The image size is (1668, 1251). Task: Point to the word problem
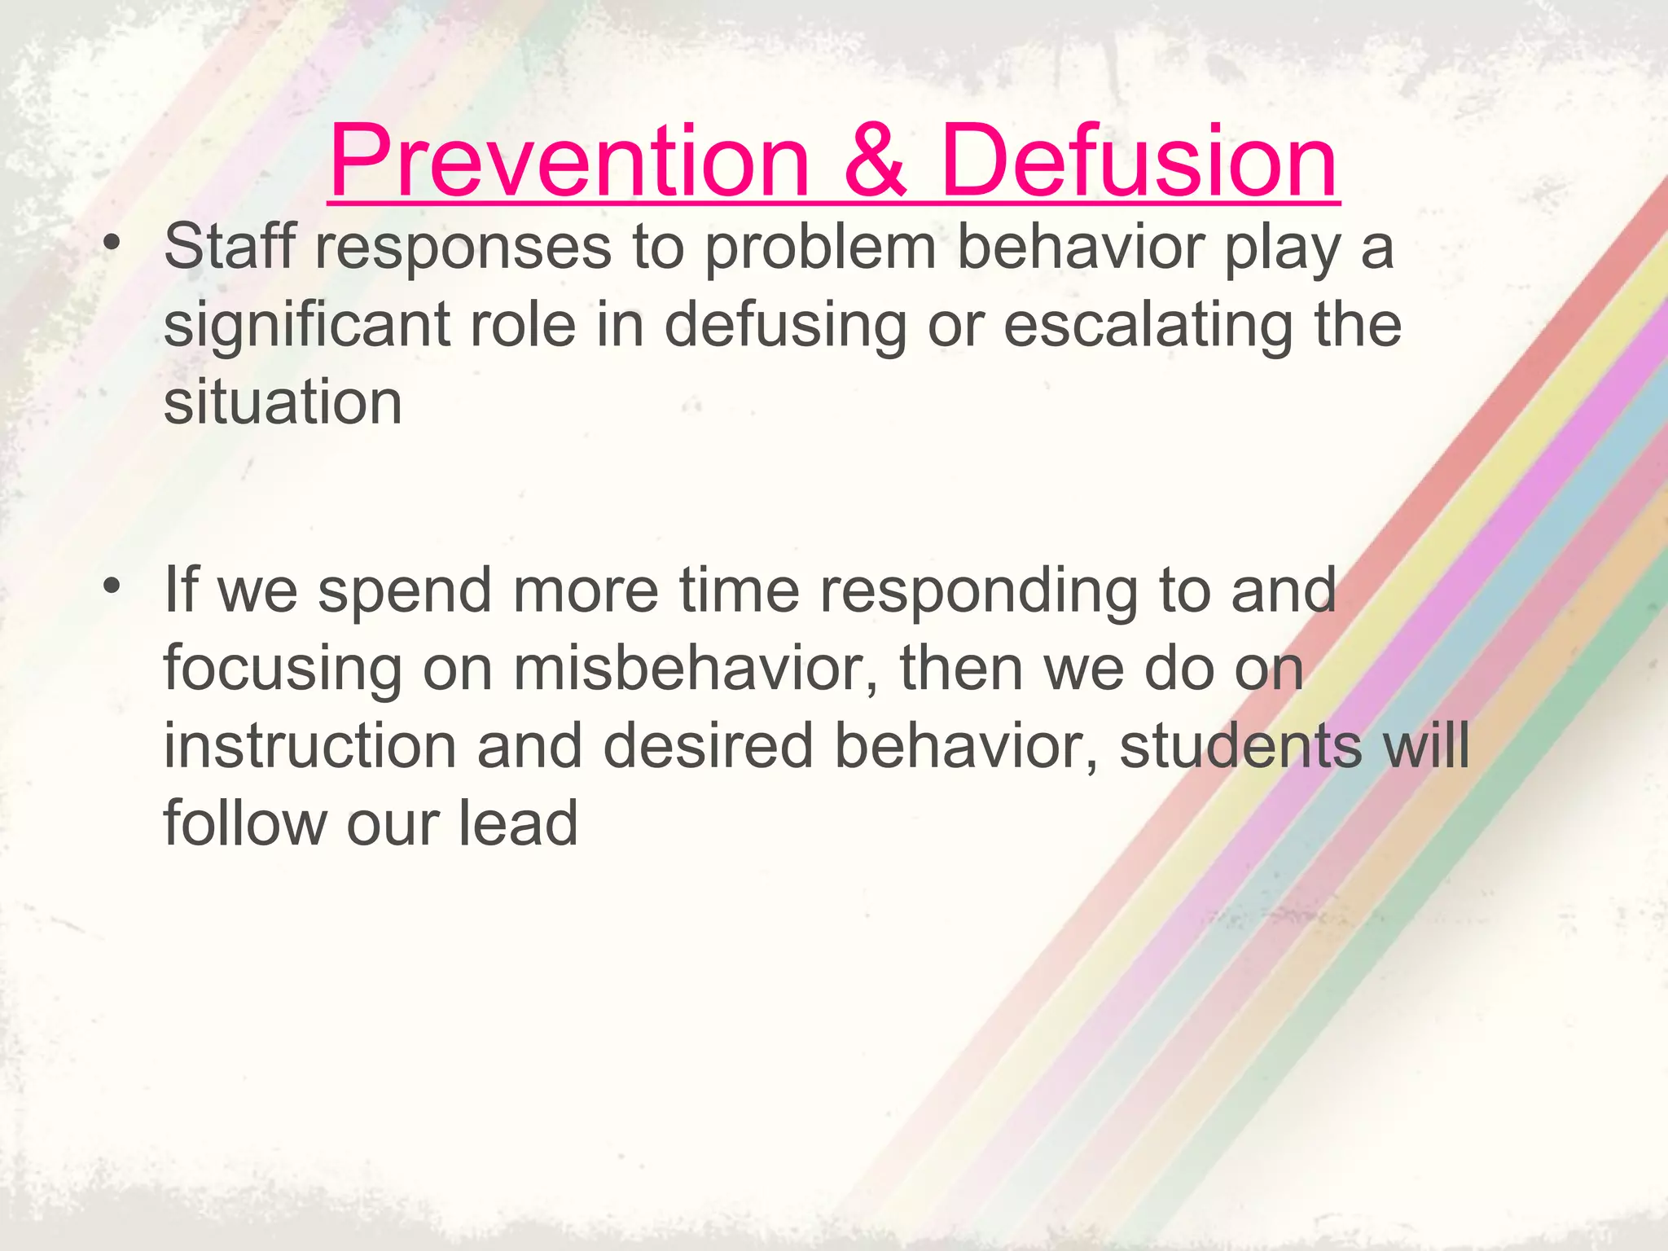click(820, 248)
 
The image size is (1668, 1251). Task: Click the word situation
click(283, 402)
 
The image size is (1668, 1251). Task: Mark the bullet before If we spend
click(112, 586)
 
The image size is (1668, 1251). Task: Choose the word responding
click(977, 591)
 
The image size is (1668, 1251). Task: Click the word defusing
click(785, 326)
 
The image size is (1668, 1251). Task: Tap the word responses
click(463, 249)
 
